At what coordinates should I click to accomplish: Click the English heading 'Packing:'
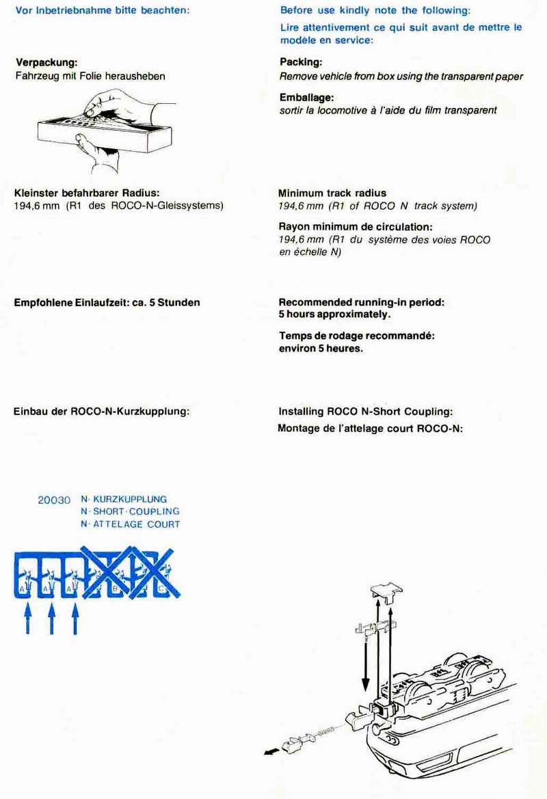[301, 62]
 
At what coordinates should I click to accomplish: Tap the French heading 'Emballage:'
[306, 98]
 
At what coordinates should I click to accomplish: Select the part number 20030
[54, 500]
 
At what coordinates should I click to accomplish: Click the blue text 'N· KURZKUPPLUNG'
[123, 499]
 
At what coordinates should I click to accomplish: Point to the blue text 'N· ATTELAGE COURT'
[130, 524]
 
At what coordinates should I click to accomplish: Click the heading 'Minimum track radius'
[332, 193]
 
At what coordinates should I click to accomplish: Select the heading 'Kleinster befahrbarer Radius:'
[87, 193]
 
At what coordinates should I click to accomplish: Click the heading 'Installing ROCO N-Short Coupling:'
[366, 411]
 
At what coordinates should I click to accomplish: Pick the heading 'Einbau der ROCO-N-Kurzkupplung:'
[101, 411]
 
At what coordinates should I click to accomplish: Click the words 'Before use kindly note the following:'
[375, 11]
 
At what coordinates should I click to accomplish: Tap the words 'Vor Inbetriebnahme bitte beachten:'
[102, 11]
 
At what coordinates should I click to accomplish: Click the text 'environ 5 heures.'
[321, 348]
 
